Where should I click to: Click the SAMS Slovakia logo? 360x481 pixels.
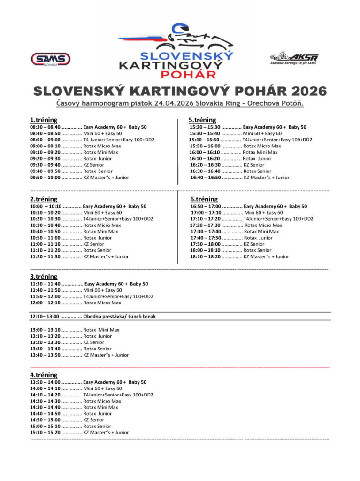tap(51, 59)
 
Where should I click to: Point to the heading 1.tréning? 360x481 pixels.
tap(44, 120)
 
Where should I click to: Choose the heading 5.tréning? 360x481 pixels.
tap(202, 120)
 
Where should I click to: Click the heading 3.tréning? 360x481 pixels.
tap(44, 277)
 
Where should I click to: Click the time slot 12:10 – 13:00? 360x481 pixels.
tap(44, 317)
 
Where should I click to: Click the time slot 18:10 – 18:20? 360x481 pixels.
tap(205, 256)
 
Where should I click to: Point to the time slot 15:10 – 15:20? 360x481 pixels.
tap(45, 432)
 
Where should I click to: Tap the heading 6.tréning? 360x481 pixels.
tap(204, 199)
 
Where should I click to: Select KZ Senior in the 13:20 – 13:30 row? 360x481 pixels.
tap(94, 342)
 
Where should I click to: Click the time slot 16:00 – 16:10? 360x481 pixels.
tap(204, 152)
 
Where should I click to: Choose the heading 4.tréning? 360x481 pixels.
tap(44, 375)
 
